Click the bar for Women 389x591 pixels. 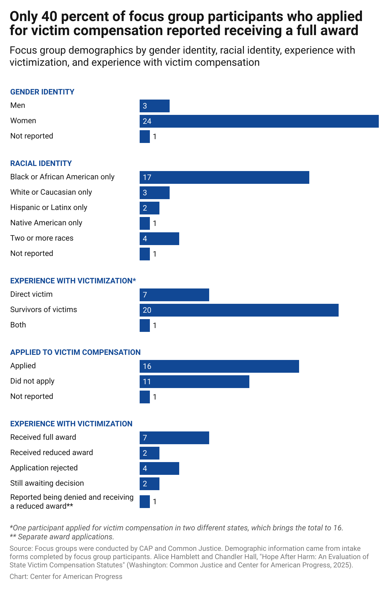pos(259,121)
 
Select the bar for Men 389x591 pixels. pos(155,106)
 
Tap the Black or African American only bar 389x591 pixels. pos(224,177)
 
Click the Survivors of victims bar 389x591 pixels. pos(239,310)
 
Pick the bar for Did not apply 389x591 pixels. pos(194,382)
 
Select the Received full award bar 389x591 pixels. pos(174,438)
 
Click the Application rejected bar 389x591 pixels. pos(159,468)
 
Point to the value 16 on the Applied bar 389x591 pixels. pos(147,366)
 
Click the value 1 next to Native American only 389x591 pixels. pos(155,223)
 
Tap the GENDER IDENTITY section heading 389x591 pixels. pos(42,92)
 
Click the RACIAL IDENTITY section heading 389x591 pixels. pos(41,163)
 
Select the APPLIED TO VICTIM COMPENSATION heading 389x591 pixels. pos(75,352)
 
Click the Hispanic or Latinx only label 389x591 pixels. pos(48,207)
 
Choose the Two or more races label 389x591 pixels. pos(42,238)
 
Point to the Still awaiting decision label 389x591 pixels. pos(47,483)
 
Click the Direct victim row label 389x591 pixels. pos(31,294)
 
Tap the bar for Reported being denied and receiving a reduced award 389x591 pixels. pos(144,502)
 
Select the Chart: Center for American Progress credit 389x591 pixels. pos(66,577)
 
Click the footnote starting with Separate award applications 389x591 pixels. pos(62,537)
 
